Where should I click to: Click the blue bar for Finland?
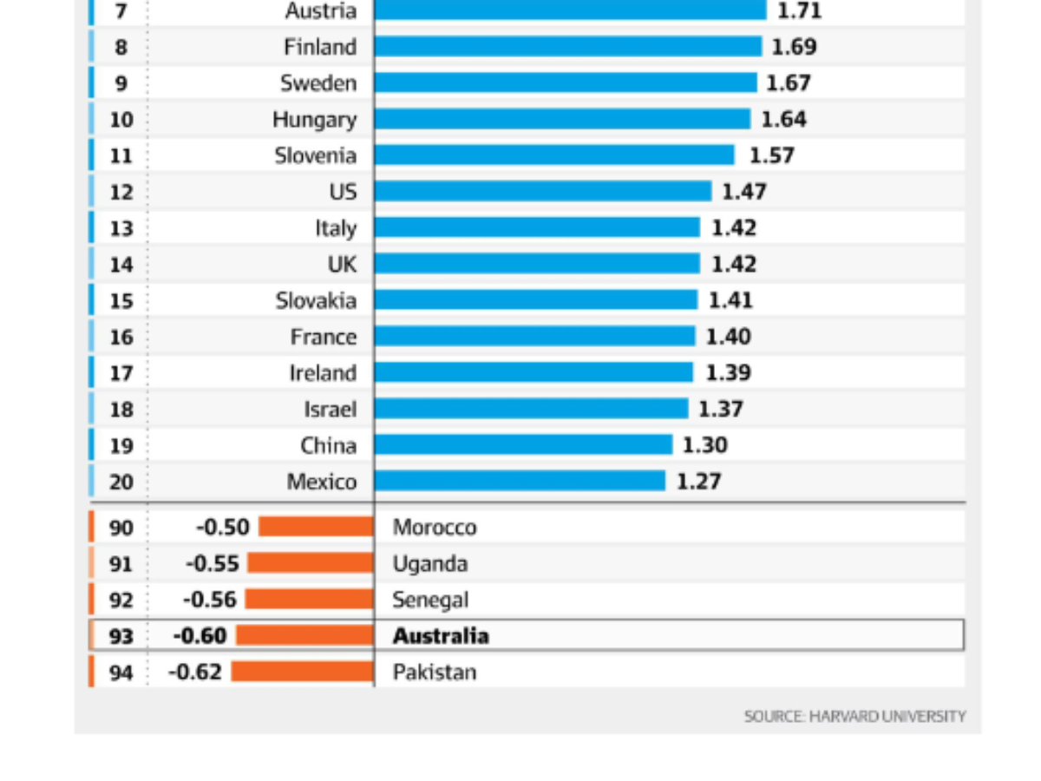pyautogui.click(x=568, y=47)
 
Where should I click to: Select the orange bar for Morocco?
pyautogui.click(x=316, y=527)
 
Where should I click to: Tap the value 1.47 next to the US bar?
pyautogui.click(x=744, y=192)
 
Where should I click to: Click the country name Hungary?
pyautogui.click(x=314, y=120)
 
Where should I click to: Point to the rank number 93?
pyautogui.click(x=121, y=636)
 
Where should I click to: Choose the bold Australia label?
pyautogui.click(x=441, y=636)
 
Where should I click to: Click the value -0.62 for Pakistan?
pyautogui.click(x=195, y=672)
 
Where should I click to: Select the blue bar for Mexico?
pyautogui.click(x=520, y=481)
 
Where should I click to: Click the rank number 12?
pyautogui.click(x=121, y=192)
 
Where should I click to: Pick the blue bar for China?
pyautogui.click(x=523, y=445)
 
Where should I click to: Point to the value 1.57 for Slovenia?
pyautogui.click(x=772, y=155)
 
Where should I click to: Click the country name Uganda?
pyautogui.click(x=430, y=564)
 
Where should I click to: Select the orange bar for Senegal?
pyautogui.click(x=309, y=600)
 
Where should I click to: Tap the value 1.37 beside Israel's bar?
pyautogui.click(x=721, y=409)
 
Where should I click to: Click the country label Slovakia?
pyautogui.click(x=316, y=300)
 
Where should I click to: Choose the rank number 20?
pyautogui.click(x=121, y=482)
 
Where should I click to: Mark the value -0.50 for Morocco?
pyautogui.click(x=223, y=527)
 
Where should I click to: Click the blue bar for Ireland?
pyautogui.click(x=534, y=372)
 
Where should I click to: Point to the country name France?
pyautogui.click(x=323, y=337)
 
